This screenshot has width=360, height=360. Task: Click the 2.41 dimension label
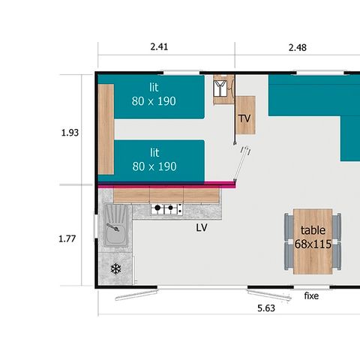tap(159, 46)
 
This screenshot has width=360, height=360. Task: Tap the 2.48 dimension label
tap(298, 47)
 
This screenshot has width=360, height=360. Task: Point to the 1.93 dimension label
tap(70, 133)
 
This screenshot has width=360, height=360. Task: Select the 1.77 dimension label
tap(67, 238)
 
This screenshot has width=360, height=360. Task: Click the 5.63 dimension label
tap(266, 308)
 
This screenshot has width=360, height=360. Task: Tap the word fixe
tap(311, 295)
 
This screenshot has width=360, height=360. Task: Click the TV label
tap(244, 118)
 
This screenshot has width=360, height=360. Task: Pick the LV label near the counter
tap(202, 227)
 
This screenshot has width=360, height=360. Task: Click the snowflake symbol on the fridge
tap(115, 269)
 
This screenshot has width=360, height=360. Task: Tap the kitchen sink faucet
tap(113, 227)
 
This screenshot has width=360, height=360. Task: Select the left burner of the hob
tap(157, 208)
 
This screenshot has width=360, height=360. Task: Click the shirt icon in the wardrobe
tap(220, 88)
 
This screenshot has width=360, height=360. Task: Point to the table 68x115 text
tap(313, 237)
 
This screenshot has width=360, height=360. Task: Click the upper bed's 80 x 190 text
tap(154, 101)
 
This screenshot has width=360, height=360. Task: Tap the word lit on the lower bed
tap(154, 152)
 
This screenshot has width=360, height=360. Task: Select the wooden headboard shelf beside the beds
tap(106, 129)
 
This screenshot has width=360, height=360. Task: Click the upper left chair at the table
tap(289, 227)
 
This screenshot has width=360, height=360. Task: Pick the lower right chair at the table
tap(337, 256)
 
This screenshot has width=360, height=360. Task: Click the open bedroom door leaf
tap(241, 164)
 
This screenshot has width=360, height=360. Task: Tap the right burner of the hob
tap(171, 208)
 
